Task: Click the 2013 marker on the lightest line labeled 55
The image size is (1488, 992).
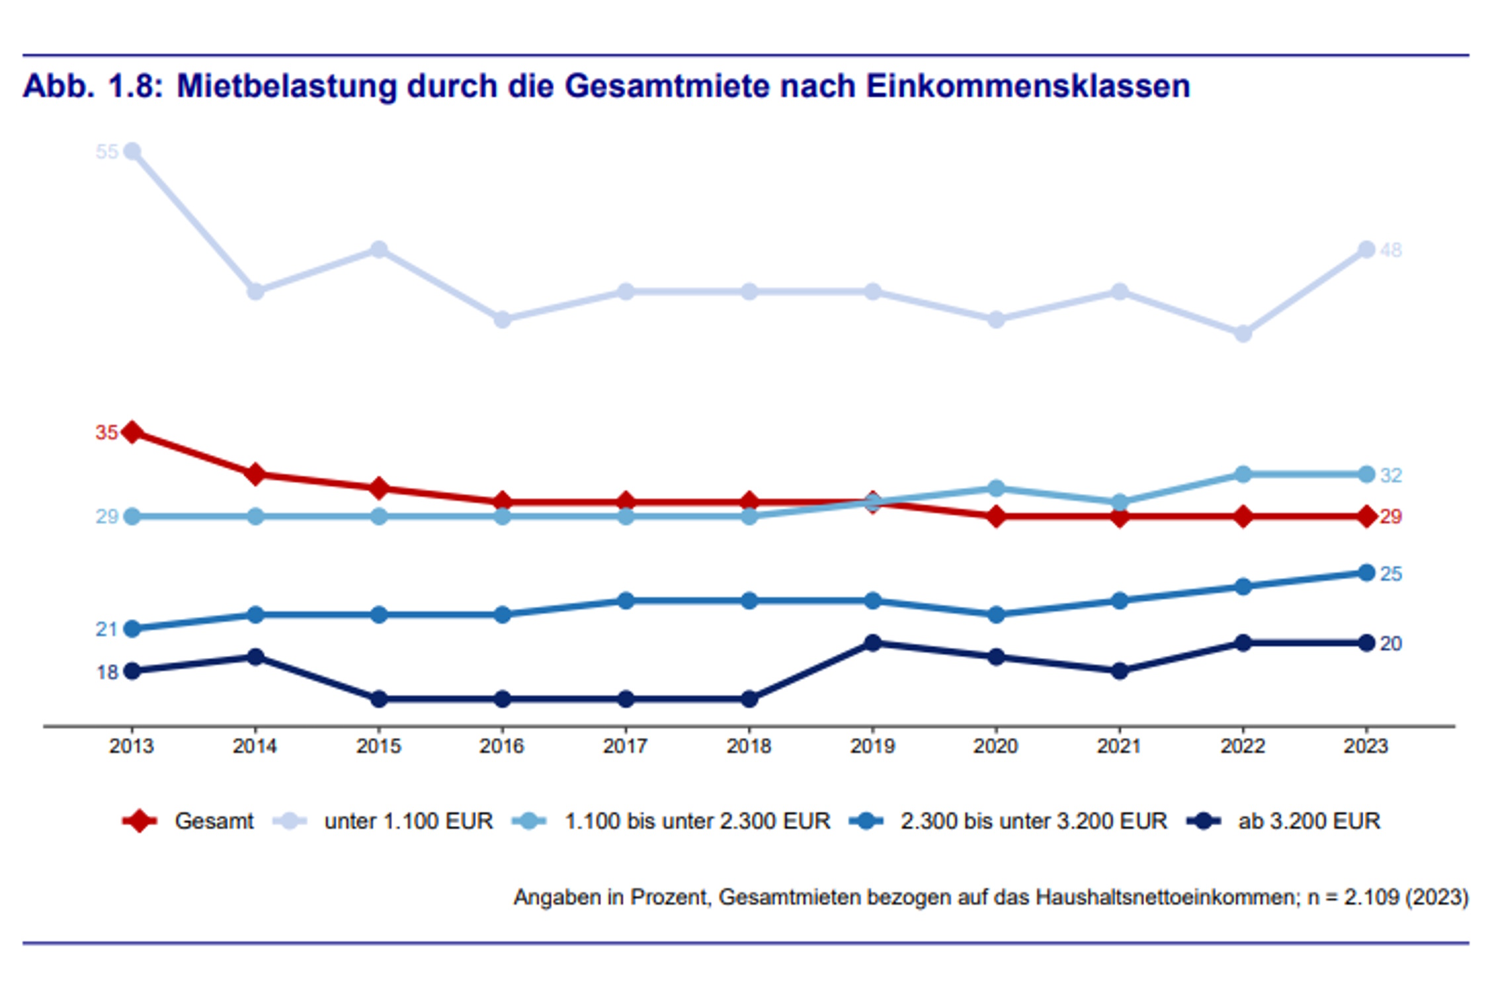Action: pyautogui.click(x=132, y=151)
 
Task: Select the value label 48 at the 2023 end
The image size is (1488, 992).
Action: pyautogui.click(x=1391, y=250)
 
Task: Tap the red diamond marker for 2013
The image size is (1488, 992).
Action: pyautogui.click(x=132, y=432)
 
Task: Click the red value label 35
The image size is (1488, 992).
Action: pyautogui.click(x=106, y=433)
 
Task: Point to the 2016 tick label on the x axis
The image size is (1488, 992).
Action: pyautogui.click(x=502, y=746)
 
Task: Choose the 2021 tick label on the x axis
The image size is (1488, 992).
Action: pyautogui.click(x=1119, y=746)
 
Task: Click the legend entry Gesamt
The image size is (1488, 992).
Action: pyautogui.click(x=214, y=821)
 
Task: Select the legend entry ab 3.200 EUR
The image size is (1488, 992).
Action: pyautogui.click(x=1309, y=821)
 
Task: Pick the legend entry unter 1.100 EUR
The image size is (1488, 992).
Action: pyautogui.click(x=408, y=821)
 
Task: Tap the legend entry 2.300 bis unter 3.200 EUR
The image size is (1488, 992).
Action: pyautogui.click(x=1033, y=821)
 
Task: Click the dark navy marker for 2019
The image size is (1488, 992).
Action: pyautogui.click(x=872, y=643)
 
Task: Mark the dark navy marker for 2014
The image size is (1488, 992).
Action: pyautogui.click(x=255, y=657)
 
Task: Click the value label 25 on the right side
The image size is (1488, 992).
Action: pyautogui.click(x=1391, y=573)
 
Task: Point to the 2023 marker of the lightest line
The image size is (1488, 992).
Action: pyautogui.click(x=1366, y=249)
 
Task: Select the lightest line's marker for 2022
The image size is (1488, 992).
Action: pyautogui.click(x=1243, y=333)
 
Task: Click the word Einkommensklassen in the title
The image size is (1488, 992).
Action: pyautogui.click(x=1028, y=86)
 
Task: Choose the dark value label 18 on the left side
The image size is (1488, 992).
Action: pyautogui.click(x=107, y=672)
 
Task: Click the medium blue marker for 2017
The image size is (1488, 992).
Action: pyautogui.click(x=626, y=600)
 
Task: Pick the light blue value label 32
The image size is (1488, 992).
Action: pyautogui.click(x=1391, y=475)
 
